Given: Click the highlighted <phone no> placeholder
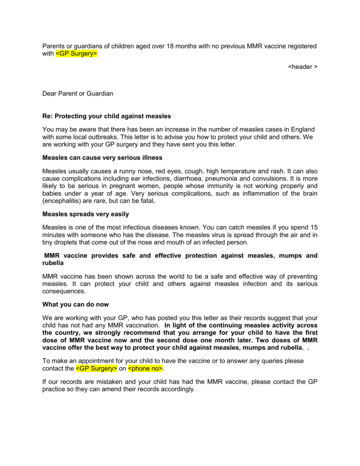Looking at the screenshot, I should (145, 368).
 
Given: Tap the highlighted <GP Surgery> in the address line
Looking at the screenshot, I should (76, 54).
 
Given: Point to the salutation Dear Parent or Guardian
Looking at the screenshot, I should (78, 93).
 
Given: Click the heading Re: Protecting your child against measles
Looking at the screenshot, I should (106, 116).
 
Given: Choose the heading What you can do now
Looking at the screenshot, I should (76, 304).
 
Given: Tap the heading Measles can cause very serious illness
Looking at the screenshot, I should (102, 157).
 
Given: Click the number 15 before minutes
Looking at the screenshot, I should (314, 227).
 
